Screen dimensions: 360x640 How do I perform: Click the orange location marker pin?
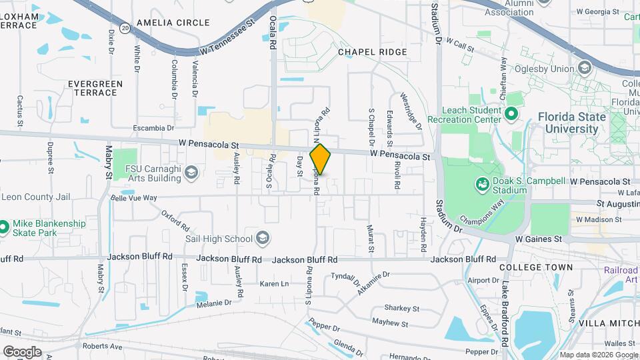point(321,159)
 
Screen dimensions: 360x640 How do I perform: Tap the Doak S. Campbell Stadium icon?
point(481,183)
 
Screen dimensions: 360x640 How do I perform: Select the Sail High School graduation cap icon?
point(262,239)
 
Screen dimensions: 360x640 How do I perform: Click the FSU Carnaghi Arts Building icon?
point(191,173)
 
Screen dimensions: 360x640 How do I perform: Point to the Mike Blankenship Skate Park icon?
point(4,228)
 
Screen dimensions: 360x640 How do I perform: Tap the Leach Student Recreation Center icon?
point(512,114)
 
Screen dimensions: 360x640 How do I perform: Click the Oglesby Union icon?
point(585,69)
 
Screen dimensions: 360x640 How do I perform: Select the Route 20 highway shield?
point(125,28)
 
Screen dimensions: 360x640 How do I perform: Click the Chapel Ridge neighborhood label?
point(372,52)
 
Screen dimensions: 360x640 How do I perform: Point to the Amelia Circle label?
point(163,23)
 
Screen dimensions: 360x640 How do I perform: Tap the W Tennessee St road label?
point(227,39)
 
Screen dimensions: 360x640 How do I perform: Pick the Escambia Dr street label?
point(153,128)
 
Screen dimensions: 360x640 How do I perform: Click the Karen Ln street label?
point(274,284)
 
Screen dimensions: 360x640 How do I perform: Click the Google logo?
point(22,351)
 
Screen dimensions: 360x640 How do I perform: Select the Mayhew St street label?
point(390,323)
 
